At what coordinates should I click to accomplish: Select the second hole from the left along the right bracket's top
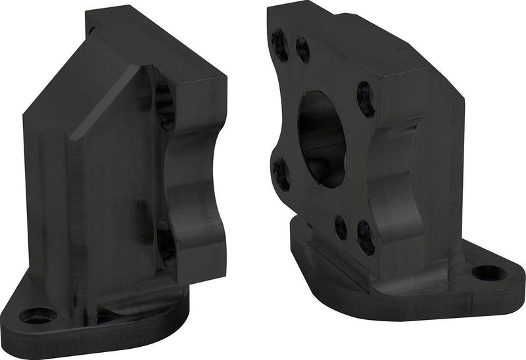coord(303,50)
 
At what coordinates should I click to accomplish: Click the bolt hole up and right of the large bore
coord(366,99)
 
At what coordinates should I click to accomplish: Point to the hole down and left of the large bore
coord(281,174)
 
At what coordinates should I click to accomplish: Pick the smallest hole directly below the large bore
coord(341,227)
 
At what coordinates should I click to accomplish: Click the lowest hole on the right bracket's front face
coord(366,237)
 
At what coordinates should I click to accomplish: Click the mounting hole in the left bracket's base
coord(37,315)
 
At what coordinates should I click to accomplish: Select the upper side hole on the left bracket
coord(164,105)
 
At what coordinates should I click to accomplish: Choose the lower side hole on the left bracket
coord(166,242)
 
